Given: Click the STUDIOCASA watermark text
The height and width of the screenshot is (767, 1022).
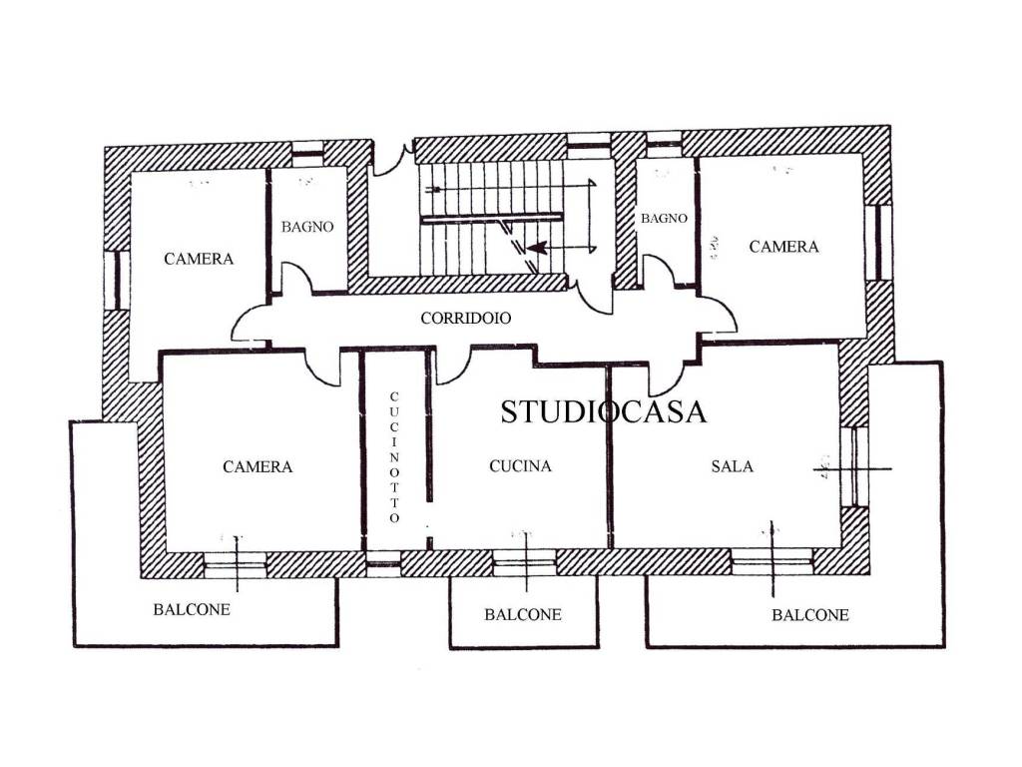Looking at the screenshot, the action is (603, 411).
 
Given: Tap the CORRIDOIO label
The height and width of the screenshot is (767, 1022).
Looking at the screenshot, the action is (465, 319).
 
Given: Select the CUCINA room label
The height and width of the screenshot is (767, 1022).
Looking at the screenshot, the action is (520, 465).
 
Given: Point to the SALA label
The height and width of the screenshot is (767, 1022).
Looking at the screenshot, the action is (732, 466).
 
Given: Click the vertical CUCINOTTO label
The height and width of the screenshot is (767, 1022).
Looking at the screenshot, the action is (394, 456).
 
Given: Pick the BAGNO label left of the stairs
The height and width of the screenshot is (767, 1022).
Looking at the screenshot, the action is (307, 227).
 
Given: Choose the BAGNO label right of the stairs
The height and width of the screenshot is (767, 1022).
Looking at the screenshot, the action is (664, 219).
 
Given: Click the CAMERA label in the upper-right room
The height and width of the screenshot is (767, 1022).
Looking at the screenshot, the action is (783, 247).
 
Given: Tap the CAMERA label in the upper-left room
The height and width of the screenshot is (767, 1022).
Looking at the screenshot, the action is (199, 259).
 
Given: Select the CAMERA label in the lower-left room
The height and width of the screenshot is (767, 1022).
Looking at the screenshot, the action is (257, 467).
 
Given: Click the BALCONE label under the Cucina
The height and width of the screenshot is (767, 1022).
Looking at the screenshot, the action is (523, 614).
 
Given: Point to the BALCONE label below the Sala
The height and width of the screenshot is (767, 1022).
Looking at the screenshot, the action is (810, 615).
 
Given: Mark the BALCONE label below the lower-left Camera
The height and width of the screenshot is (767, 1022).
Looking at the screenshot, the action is (192, 610).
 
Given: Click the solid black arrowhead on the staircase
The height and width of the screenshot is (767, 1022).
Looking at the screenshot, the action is (536, 248).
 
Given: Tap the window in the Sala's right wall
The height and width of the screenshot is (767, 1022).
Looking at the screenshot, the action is (854, 467).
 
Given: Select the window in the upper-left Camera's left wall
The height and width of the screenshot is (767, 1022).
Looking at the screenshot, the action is (117, 280).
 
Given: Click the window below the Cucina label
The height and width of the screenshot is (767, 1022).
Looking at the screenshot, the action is (524, 563).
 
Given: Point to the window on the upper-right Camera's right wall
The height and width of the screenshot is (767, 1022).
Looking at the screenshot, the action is (879, 242).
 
